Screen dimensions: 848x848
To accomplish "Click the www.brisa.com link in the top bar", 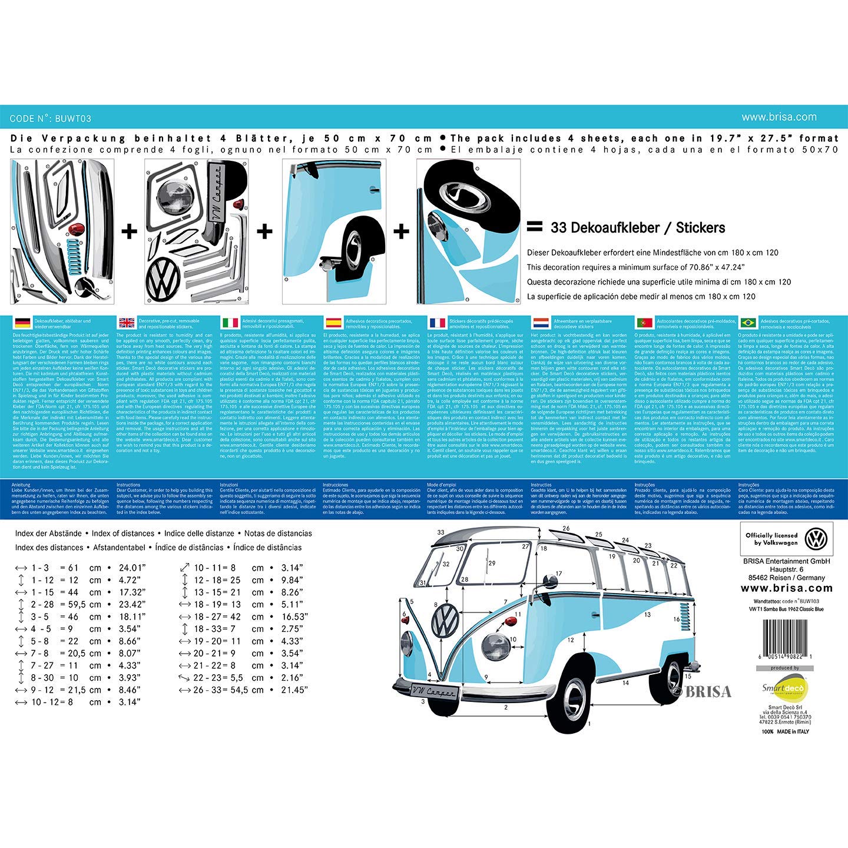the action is (x=779, y=117).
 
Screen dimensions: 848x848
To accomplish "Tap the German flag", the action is (x=22, y=322).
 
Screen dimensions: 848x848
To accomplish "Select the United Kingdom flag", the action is (x=127, y=322).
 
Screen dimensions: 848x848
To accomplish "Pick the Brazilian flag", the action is (x=748, y=322).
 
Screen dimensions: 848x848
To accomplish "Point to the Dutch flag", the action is (x=541, y=322).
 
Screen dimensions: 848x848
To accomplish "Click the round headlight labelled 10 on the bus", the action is (x=496, y=647).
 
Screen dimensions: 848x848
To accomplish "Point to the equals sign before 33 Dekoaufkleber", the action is (x=534, y=227).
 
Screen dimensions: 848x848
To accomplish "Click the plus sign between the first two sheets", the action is (x=130, y=231).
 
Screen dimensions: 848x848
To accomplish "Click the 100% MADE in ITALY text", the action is (x=786, y=731).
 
